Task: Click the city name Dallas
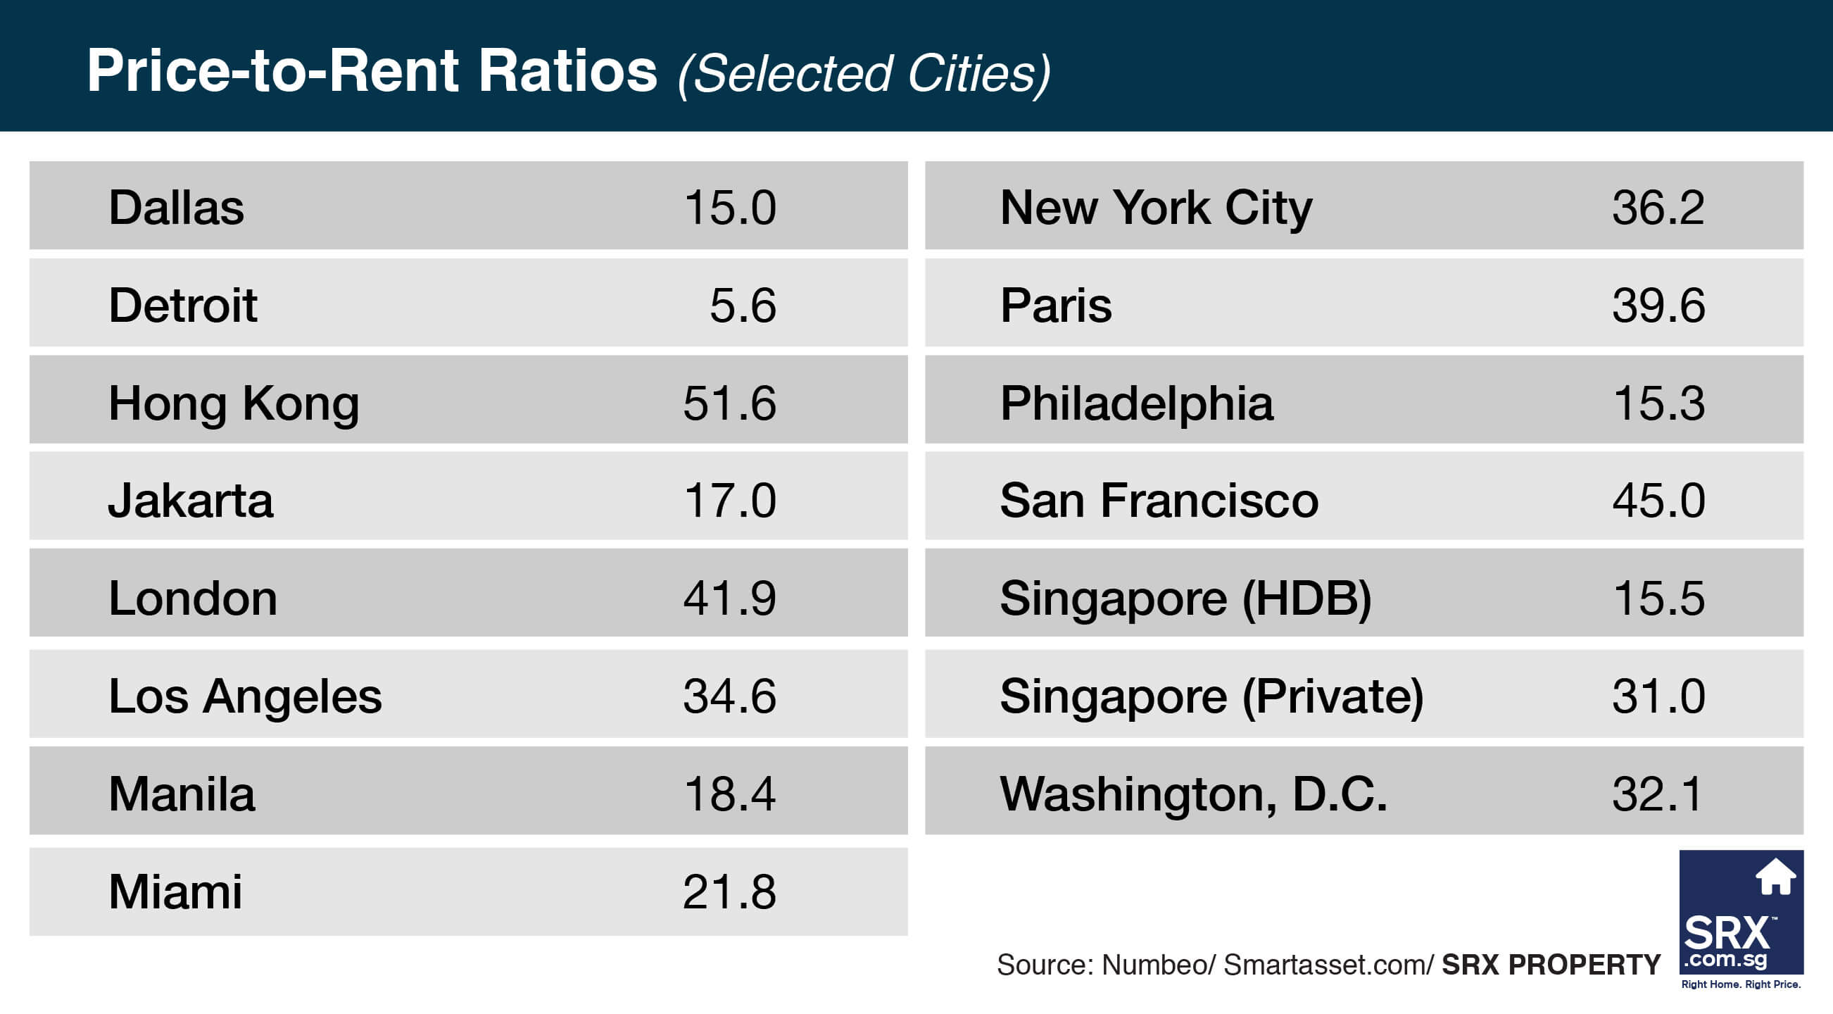click(176, 208)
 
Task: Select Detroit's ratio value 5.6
click(742, 306)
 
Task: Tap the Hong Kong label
click(234, 403)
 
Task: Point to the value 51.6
click(729, 403)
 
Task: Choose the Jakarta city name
click(190, 500)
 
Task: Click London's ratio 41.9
click(729, 598)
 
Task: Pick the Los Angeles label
click(245, 696)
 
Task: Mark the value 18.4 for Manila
click(729, 794)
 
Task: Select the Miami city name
click(175, 891)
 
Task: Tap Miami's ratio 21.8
click(729, 891)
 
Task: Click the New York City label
click(1156, 208)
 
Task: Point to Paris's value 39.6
click(1658, 306)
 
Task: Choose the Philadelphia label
click(1136, 403)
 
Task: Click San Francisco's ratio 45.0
click(1658, 500)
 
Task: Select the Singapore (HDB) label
click(1185, 598)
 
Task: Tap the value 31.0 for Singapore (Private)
click(1658, 696)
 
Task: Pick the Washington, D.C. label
click(1193, 794)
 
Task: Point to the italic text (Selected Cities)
click(864, 74)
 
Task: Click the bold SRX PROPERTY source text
click(1551, 965)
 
